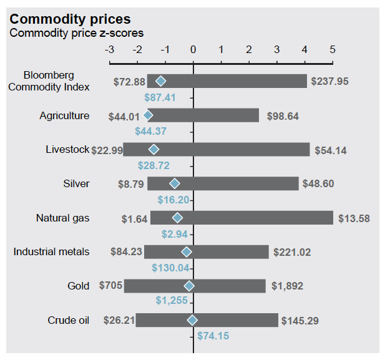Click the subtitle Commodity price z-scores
(x=76, y=33)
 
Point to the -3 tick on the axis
(x=110, y=49)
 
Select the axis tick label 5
(x=333, y=49)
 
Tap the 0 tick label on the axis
(x=193, y=49)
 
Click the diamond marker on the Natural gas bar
(x=177, y=218)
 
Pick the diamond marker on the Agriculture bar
(x=148, y=115)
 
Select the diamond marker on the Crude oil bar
(x=192, y=320)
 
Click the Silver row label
(x=76, y=183)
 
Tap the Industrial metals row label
(x=51, y=252)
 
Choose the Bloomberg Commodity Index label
(x=49, y=81)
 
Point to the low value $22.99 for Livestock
(x=107, y=150)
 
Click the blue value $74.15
(x=213, y=336)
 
